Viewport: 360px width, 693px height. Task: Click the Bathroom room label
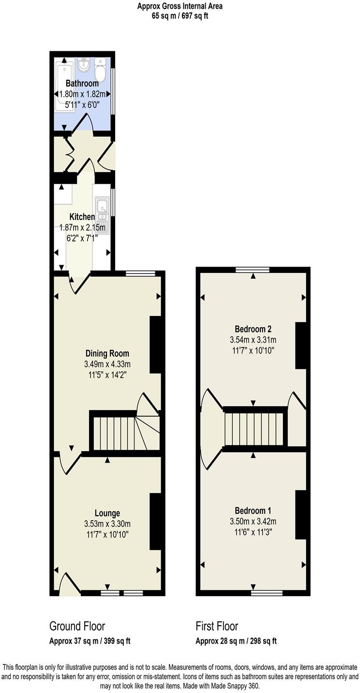pos(82,84)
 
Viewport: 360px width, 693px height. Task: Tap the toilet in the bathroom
pos(100,71)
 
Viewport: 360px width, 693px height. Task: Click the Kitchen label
pos(82,216)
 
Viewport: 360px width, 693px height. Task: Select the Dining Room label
pos(107,353)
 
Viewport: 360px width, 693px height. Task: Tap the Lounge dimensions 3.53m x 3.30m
pos(107,524)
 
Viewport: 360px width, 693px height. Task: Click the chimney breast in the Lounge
pos(155,521)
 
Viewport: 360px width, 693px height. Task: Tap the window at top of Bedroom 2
pos(253,270)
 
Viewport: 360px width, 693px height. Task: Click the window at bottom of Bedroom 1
pos(267,592)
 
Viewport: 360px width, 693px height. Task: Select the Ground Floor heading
pos(77,626)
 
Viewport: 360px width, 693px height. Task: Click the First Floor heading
pos(217,626)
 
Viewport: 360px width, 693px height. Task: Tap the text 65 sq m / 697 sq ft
pos(180,15)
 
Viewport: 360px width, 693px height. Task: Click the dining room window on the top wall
pos(140,274)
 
